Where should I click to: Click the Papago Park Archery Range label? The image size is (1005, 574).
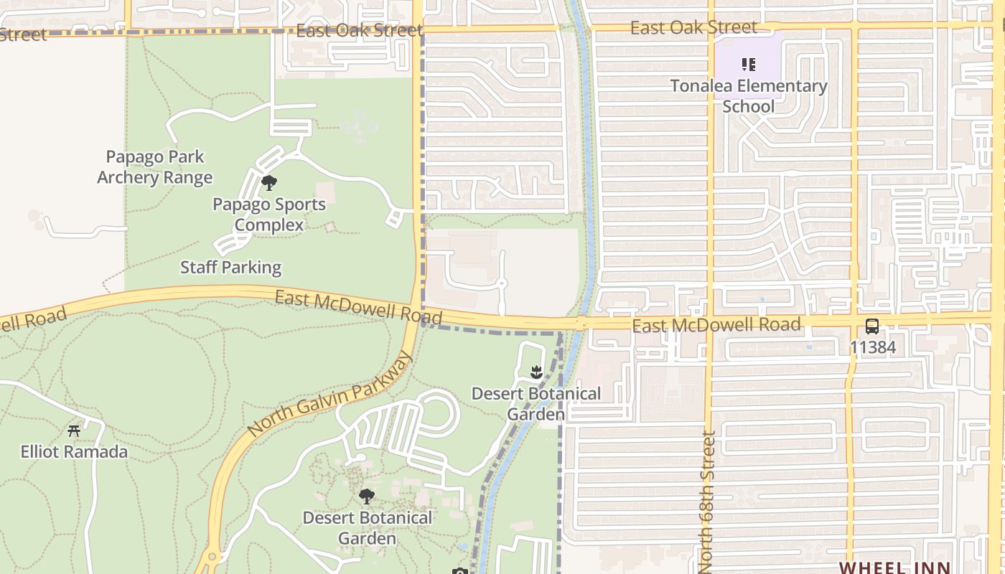coord(155,167)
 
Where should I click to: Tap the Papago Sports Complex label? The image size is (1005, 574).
coord(269,215)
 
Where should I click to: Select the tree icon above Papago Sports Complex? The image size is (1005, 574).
coord(269,182)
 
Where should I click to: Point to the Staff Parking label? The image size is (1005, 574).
coord(230,268)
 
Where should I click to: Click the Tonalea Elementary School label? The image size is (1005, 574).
coord(749,96)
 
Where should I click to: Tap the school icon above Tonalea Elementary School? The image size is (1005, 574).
coord(749,65)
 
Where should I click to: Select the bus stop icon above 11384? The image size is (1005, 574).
coord(872,326)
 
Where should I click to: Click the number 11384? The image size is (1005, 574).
coord(872,347)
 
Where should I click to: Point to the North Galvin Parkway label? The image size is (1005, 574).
coord(330,393)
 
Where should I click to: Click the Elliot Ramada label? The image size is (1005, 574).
coord(74,452)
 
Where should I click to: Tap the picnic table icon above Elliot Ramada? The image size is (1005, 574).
coord(74,430)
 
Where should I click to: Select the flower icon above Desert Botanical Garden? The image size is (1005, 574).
coord(536,372)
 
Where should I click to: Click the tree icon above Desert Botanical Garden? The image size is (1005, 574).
coord(367,496)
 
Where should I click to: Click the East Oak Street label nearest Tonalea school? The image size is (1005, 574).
coord(693,28)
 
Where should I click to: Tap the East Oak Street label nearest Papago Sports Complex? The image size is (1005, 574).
coord(359,31)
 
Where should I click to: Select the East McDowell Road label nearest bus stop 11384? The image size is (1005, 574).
coord(716,325)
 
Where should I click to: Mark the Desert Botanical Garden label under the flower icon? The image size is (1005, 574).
coord(536,404)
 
